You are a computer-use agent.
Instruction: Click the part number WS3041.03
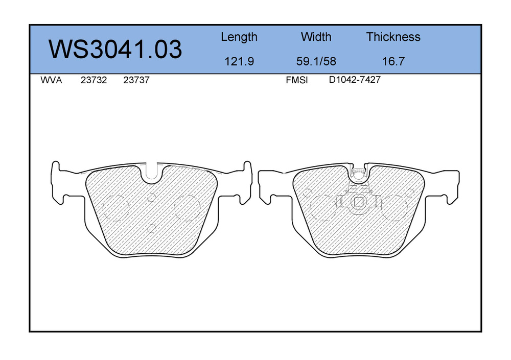[115, 49]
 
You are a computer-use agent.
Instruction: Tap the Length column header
[239, 37]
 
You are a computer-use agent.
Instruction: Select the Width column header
[316, 36]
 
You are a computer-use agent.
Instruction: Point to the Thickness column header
[393, 36]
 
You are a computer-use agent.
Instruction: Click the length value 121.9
[239, 61]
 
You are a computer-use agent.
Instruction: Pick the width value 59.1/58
[316, 61]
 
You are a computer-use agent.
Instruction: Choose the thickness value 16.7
[393, 61]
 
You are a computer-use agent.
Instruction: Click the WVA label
[51, 80]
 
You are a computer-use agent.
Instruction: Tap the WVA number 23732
[94, 80]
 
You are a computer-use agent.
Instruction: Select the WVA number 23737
[136, 80]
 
